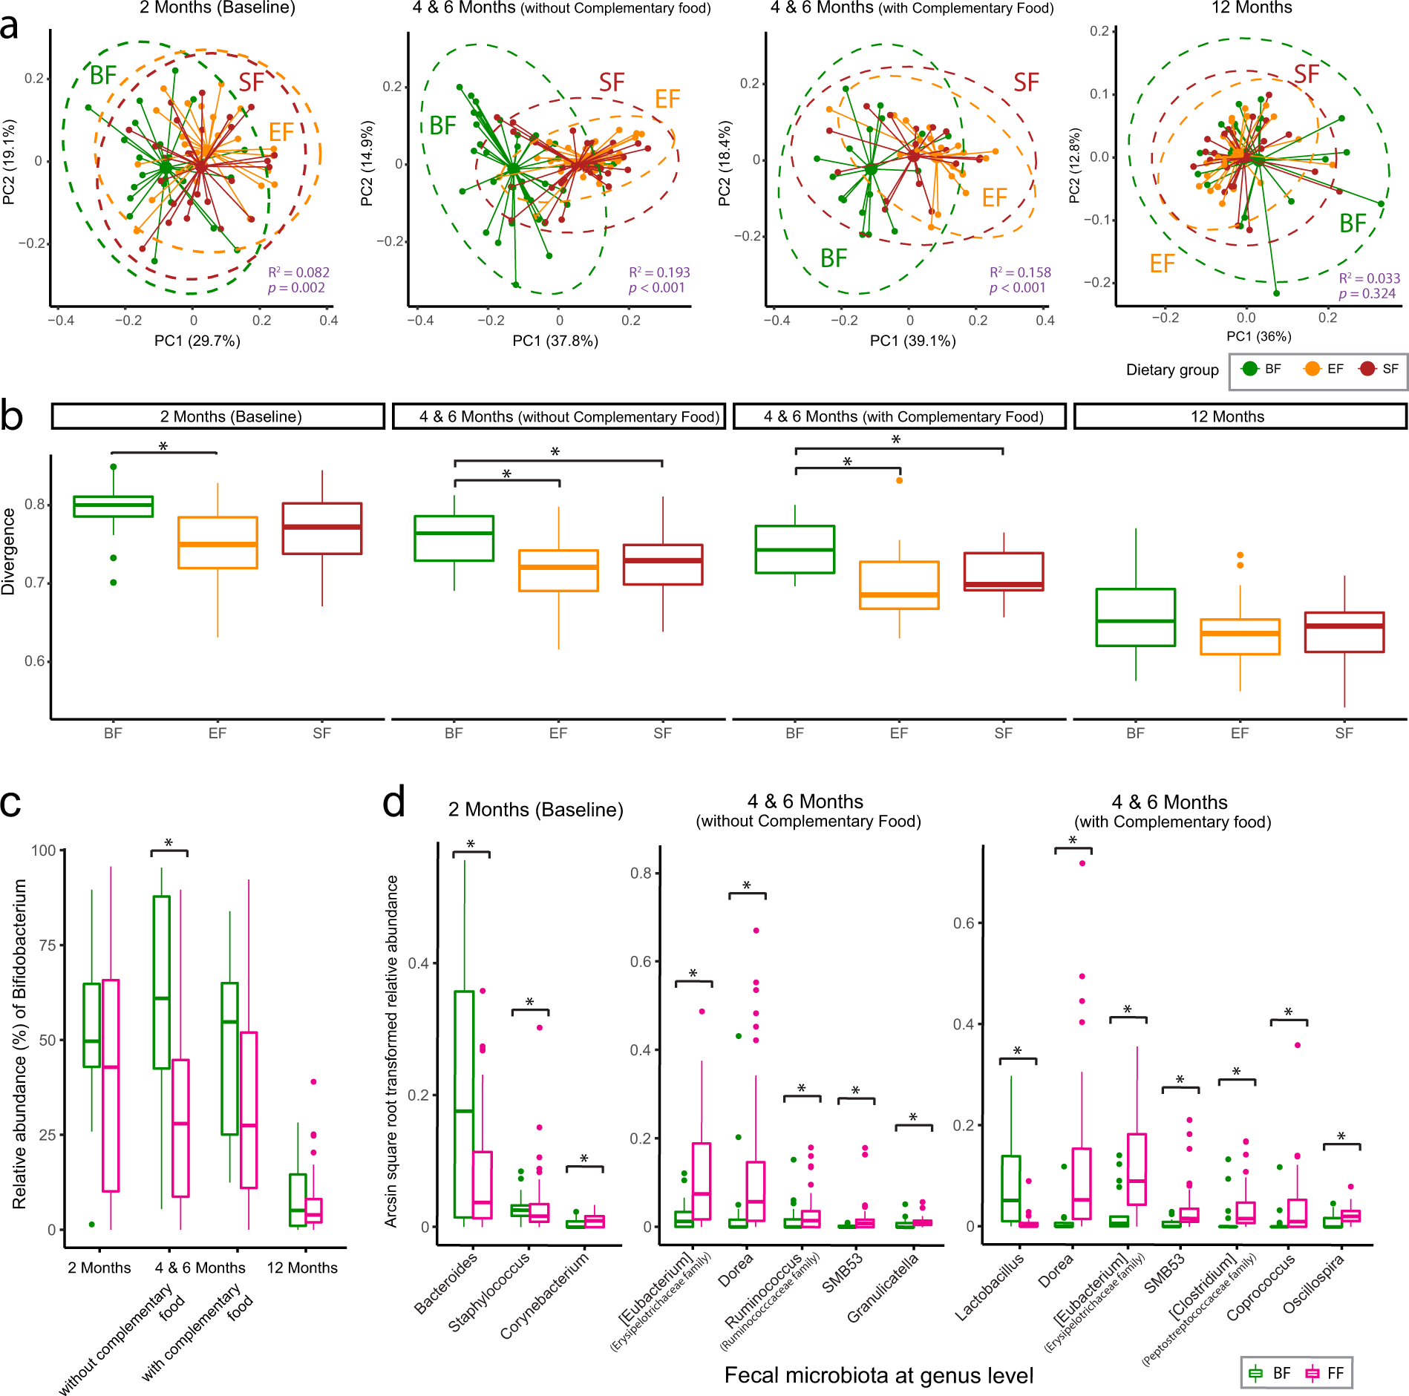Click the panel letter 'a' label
pyautogui.click(x=10, y=27)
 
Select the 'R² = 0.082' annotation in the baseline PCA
pyautogui.click(x=298, y=272)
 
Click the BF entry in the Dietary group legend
pyautogui.click(x=1261, y=369)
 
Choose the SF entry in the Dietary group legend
pyautogui.click(x=1379, y=369)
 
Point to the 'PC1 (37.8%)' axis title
pyautogui.click(x=555, y=341)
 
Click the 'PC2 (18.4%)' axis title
pyautogui.click(x=725, y=163)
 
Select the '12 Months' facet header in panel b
pyautogui.click(x=1227, y=416)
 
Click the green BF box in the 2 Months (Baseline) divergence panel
pyautogui.click(x=114, y=506)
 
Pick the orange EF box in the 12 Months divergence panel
pyautogui.click(x=1240, y=637)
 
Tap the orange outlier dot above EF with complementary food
pyautogui.click(x=899, y=481)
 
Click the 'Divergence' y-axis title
pyautogui.click(x=9, y=551)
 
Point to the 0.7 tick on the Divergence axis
pyautogui.click(x=34, y=583)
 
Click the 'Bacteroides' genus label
pyautogui.click(x=446, y=1282)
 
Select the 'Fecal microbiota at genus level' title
pyautogui.click(x=878, y=1375)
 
